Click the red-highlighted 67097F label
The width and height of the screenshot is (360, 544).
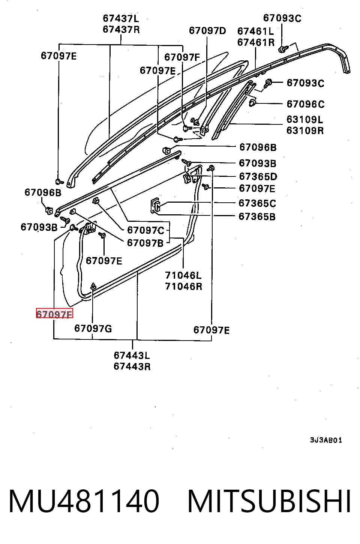54,313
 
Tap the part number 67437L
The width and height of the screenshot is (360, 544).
121,18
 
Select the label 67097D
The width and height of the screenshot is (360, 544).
207,31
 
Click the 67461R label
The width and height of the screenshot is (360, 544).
256,42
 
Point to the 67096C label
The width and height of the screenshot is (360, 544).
306,104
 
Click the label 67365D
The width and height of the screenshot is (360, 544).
258,176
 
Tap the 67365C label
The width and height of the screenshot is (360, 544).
257,203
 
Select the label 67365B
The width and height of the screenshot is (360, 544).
257,217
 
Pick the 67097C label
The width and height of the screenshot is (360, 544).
145,230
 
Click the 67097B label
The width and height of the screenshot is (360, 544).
145,243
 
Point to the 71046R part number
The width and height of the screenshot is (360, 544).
183,286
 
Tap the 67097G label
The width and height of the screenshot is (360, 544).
93,328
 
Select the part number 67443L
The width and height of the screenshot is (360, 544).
132,355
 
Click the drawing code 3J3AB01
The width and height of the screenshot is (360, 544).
326,440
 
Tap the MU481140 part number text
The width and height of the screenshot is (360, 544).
84,501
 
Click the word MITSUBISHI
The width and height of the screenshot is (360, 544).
269,501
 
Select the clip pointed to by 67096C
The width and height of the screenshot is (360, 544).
252,103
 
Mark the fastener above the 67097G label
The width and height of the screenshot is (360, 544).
93,286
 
